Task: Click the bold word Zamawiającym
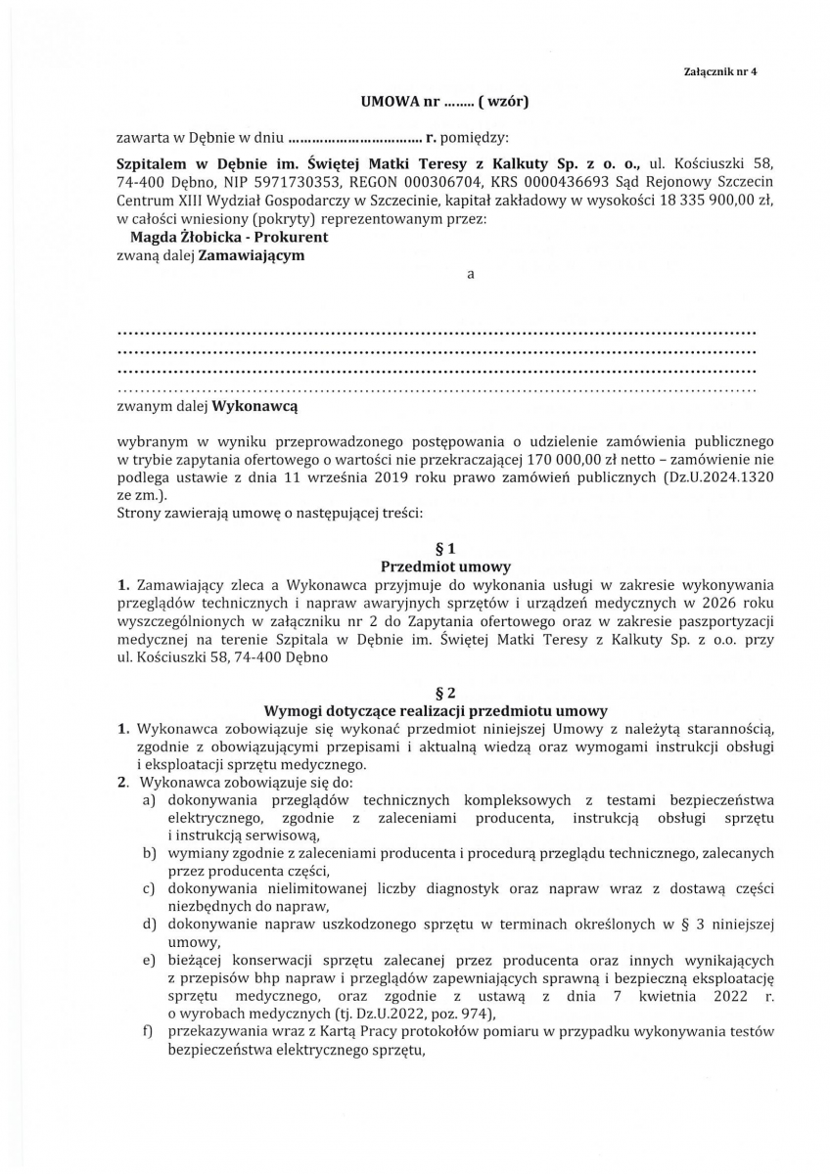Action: click(252, 255)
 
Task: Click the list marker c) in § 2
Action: click(150, 888)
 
